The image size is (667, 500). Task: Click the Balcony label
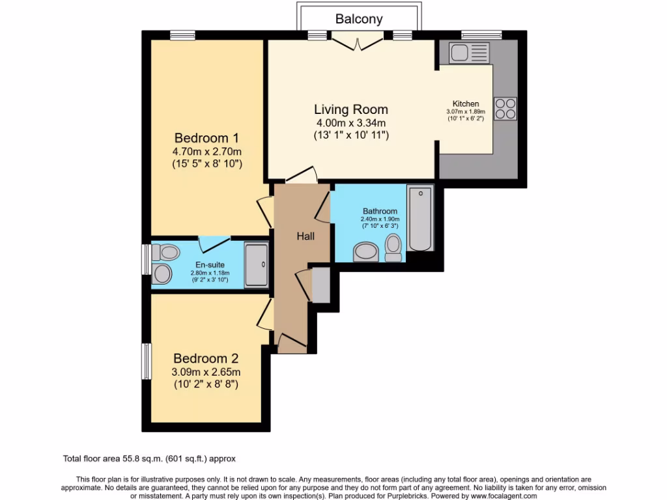[x=359, y=19]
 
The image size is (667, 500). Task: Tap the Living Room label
[x=351, y=109]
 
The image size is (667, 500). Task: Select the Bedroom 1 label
[x=207, y=138]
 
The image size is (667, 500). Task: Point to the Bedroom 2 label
[x=206, y=358]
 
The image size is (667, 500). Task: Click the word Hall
[x=305, y=236]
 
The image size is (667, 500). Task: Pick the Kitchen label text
[x=466, y=104]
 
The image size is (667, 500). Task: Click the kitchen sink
[x=468, y=52]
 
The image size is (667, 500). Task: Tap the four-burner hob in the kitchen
[x=505, y=109]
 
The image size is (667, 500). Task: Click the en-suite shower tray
[x=257, y=265]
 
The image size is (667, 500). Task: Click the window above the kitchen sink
[x=481, y=35]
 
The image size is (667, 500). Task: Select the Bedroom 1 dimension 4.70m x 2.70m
[x=207, y=152]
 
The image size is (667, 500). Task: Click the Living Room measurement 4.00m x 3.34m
[x=351, y=123]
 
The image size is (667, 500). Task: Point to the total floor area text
[x=153, y=458]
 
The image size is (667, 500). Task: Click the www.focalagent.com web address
[x=494, y=496]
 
